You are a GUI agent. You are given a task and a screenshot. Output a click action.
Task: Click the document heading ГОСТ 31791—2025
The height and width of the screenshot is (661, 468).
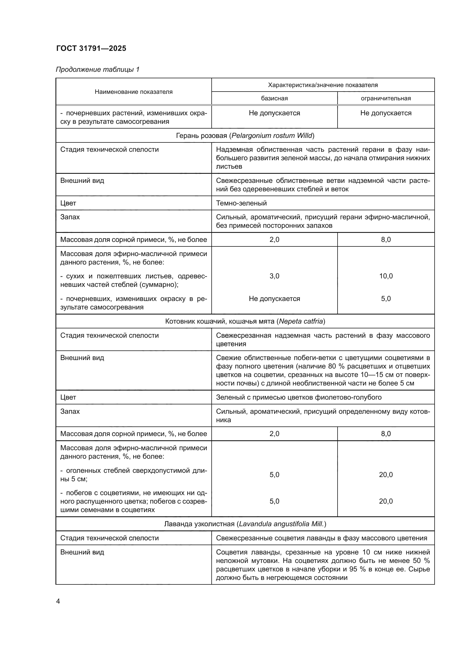point(91,48)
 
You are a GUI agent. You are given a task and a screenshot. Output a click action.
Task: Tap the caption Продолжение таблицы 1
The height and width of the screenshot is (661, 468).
point(97,70)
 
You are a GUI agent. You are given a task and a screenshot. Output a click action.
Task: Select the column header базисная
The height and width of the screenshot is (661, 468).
point(274,98)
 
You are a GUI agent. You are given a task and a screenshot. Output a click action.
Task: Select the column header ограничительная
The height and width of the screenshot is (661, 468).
point(386,98)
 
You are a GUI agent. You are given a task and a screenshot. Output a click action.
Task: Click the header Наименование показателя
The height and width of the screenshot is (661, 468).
point(134,92)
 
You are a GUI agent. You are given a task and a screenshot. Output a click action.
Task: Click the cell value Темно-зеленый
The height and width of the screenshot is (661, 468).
point(241,203)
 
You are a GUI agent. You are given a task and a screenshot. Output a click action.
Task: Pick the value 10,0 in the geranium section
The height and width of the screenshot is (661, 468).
point(386,276)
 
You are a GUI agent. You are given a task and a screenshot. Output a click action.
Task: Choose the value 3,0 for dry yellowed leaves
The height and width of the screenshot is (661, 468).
point(274,276)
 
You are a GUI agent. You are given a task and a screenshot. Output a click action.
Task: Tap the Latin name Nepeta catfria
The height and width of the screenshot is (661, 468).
point(301,321)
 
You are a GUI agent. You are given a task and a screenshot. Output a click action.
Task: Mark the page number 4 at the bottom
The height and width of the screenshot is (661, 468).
point(58,601)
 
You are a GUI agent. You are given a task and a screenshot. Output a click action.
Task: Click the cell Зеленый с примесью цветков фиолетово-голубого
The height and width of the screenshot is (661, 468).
point(299,398)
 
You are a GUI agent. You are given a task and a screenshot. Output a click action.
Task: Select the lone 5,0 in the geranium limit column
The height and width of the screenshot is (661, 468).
point(386,299)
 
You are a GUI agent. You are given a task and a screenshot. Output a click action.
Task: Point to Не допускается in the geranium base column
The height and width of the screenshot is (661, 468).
point(274,299)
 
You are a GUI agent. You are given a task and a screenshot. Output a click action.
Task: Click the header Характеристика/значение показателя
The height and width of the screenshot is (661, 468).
point(323,85)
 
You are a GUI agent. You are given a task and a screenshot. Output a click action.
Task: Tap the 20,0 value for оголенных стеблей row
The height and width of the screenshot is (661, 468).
point(386,475)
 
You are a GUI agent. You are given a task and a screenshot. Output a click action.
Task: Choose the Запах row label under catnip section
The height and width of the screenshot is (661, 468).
point(70,411)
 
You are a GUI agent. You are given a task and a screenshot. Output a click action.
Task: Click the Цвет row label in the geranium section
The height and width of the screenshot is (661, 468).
point(68,203)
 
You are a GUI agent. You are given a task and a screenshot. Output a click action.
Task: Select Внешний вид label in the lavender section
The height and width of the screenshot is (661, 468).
point(82,552)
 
